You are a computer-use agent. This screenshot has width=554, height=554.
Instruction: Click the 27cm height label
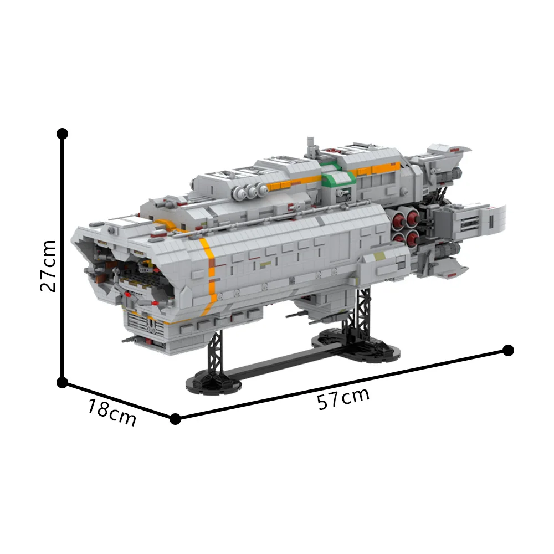48,265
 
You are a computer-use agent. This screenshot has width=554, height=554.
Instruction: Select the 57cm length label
343,399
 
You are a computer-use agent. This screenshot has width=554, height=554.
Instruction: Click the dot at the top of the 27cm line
63,134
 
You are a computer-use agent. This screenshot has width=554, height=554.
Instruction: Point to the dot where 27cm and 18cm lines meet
63,382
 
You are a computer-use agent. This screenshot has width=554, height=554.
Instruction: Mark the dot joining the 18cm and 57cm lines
175,419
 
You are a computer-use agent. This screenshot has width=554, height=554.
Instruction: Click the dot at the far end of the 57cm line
509,350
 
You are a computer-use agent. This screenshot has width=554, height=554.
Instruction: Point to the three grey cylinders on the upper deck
249,191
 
